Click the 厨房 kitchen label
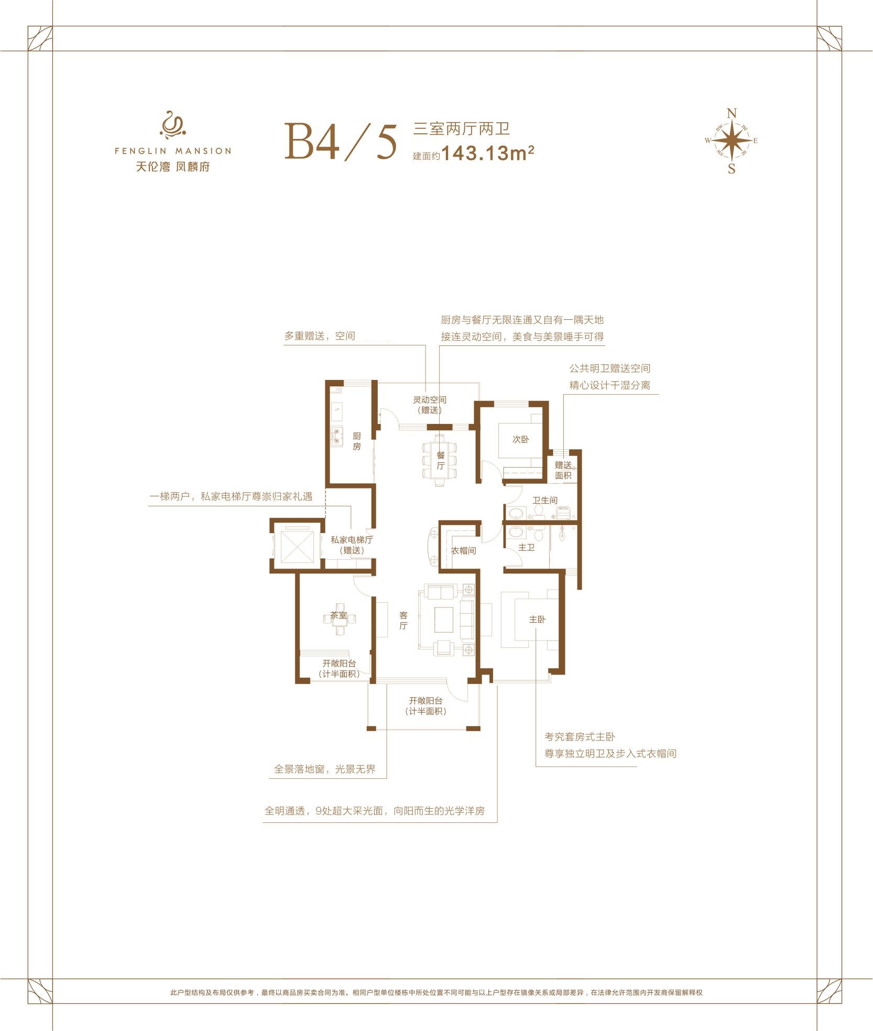357,441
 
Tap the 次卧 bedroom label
520,439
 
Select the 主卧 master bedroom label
537,620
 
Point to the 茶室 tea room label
339,615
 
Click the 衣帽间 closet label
464,551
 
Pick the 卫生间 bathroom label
545,501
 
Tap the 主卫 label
527,547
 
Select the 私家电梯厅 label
352,540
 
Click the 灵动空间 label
430,400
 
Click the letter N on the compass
732,113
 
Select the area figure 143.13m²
488,153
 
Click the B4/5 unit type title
342,141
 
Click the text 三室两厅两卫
462,128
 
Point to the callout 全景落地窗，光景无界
325,769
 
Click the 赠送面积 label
563,470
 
